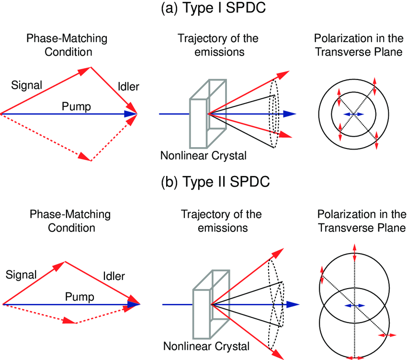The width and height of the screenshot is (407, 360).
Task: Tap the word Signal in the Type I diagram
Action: point(26,85)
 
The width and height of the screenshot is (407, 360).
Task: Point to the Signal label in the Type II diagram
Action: point(21,275)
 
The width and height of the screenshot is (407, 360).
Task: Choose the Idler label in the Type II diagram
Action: point(113,276)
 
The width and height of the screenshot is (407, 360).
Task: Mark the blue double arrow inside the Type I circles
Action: point(353,114)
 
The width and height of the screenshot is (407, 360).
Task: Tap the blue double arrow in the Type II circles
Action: point(354,305)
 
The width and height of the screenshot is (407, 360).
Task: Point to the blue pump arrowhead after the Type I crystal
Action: point(289,114)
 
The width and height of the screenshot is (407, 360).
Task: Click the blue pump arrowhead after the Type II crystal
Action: point(292,304)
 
